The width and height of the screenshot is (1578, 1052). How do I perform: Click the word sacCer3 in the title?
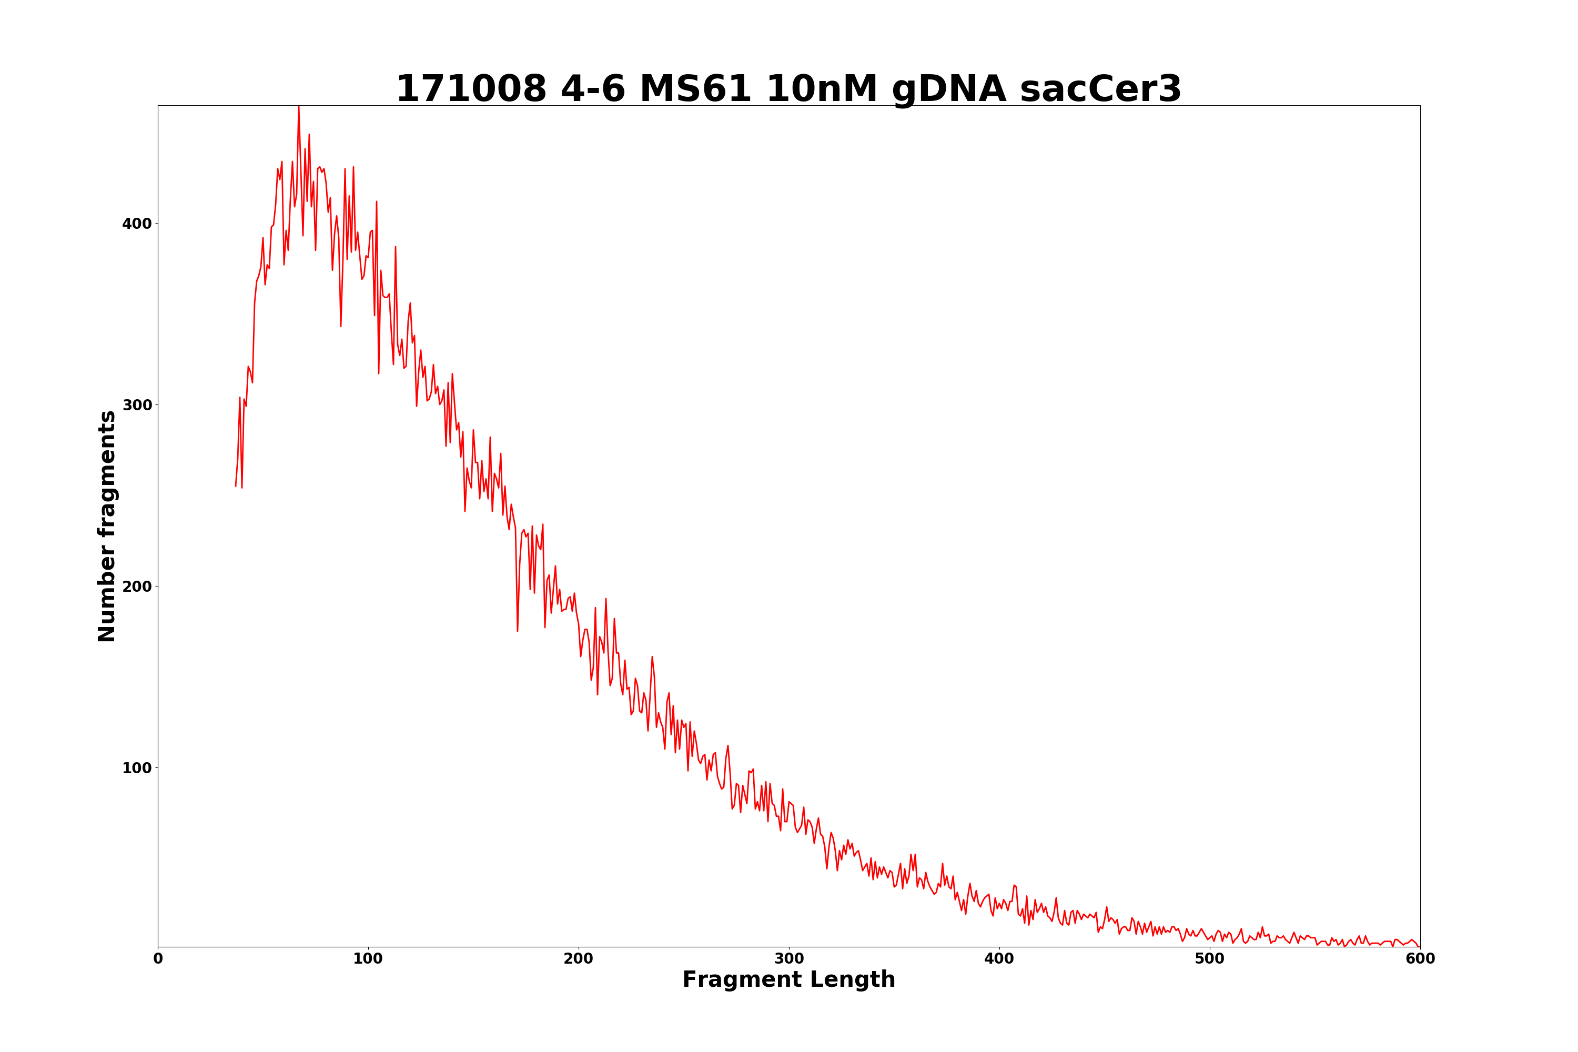point(1100,89)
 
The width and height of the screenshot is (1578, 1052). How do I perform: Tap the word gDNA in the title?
point(949,90)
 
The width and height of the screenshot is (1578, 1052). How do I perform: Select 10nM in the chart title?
point(821,89)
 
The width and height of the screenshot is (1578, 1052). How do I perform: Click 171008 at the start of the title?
point(471,89)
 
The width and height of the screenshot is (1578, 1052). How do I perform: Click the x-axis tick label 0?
point(158,959)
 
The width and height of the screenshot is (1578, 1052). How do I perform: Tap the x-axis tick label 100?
point(368,959)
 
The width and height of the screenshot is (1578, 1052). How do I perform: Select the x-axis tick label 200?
point(578,959)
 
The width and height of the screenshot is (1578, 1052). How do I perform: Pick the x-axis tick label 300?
point(789,959)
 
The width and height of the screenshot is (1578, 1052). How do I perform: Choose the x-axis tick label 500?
point(1210,959)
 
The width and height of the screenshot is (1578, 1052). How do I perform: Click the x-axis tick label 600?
point(1420,959)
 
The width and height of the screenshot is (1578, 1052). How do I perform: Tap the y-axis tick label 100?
point(137,768)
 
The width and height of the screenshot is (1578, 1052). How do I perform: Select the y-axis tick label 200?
point(137,586)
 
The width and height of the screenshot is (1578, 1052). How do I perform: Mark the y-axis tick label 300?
point(137,405)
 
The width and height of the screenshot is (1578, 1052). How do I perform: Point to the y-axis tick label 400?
point(137,224)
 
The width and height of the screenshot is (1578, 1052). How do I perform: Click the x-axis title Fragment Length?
point(789,980)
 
